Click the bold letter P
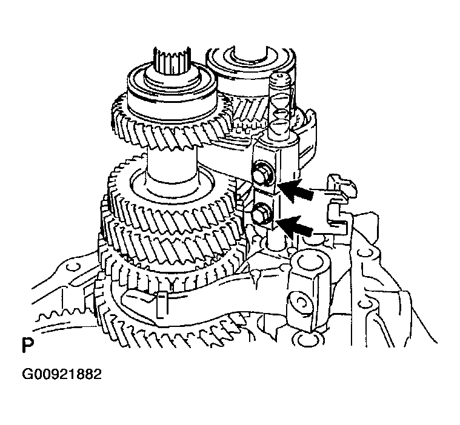click(x=27, y=346)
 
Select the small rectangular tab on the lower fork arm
click(x=160, y=303)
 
